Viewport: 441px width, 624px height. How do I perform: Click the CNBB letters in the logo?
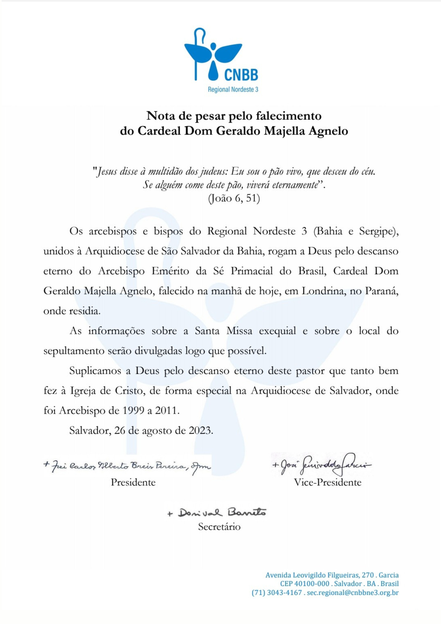tap(241, 75)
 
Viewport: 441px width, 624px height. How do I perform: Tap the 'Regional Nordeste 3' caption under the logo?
tap(233, 90)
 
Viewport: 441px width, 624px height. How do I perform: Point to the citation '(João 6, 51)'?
tap(234, 198)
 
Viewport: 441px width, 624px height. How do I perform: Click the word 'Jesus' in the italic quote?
tap(107, 172)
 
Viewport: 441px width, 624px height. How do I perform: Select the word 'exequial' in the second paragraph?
tap(277, 331)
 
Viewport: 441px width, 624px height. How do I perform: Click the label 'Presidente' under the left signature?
tap(133, 482)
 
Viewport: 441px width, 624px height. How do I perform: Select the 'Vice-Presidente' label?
tap(327, 482)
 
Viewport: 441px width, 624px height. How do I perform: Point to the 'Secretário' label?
tap(219, 527)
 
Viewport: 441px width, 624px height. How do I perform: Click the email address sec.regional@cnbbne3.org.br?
tap(353, 592)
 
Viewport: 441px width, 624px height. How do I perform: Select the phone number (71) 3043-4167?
tap(277, 592)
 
